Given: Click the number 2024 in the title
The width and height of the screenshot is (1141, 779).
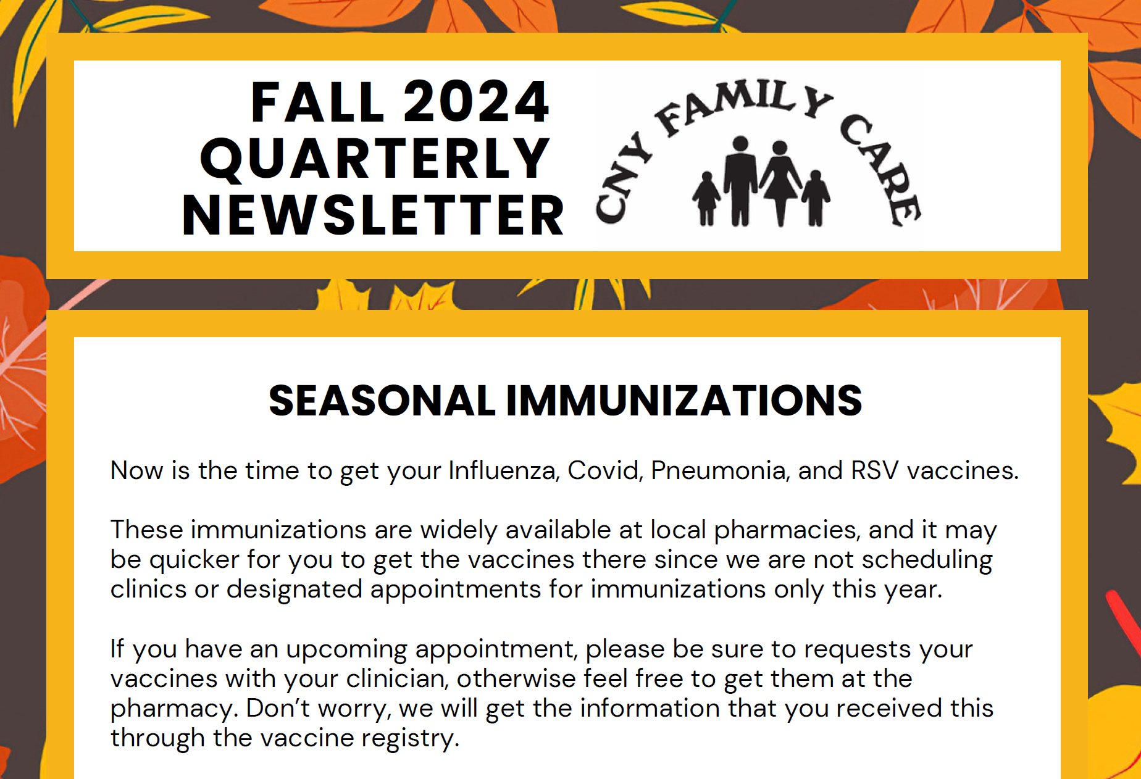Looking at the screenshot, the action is coord(476,102).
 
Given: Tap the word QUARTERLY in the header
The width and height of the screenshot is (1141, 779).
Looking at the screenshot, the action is coord(375,159).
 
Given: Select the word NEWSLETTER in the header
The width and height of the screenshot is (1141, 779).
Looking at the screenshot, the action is coord(373,215).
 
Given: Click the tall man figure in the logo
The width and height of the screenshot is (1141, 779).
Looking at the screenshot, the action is coord(740,181).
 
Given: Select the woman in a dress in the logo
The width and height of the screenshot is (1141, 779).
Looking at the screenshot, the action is coord(780,183).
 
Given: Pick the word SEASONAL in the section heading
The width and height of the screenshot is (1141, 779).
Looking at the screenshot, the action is coord(382,401).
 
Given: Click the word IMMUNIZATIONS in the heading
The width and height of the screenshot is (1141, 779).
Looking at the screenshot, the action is coord(684,401).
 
